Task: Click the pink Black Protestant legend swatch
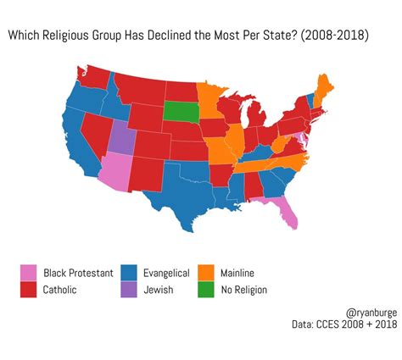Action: click(29, 272)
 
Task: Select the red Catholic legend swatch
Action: click(29, 290)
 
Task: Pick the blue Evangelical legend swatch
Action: click(129, 272)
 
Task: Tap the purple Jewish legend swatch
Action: click(129, 290)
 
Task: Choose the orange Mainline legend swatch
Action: click(206, 272)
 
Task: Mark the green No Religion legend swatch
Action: click(206, 290)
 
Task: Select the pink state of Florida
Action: click(288, 212)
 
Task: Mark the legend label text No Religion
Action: click(243, 290)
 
